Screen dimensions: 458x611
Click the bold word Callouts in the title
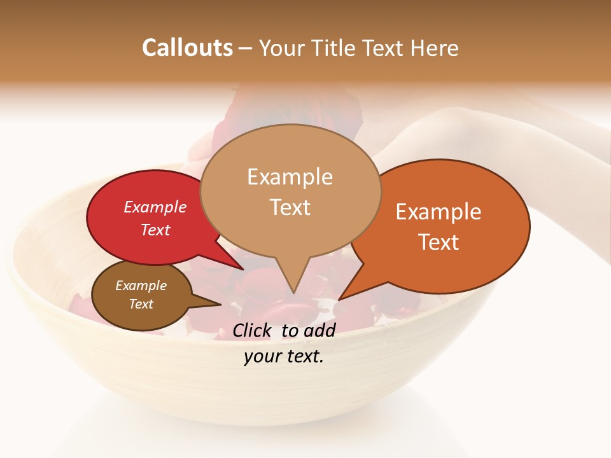coord(187,48)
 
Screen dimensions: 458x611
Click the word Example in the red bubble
coord(155,207)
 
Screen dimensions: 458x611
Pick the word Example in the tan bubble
coord(290,177)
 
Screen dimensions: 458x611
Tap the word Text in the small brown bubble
coord(141,304)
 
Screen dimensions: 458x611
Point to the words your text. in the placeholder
coord(283,356)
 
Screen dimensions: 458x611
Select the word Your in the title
coord(283,48)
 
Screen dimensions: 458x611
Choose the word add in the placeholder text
coord(320,330)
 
